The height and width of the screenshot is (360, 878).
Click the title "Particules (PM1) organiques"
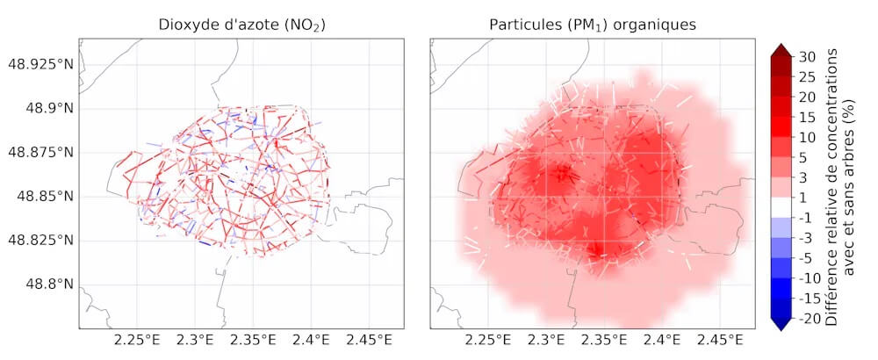coord(593,25)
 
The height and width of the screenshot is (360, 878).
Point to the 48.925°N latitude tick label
coord(39,64)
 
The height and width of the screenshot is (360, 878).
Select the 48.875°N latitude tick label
coord(39,152)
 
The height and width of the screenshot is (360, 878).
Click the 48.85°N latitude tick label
coord(44,196)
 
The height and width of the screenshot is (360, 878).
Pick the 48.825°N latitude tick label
coord(39,240)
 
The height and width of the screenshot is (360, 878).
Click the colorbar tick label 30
coord(809,56)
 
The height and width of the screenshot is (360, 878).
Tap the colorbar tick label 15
coord(809,117)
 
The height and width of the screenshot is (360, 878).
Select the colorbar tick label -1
coord(809,218)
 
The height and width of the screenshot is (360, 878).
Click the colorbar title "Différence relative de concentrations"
coord(831,187)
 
